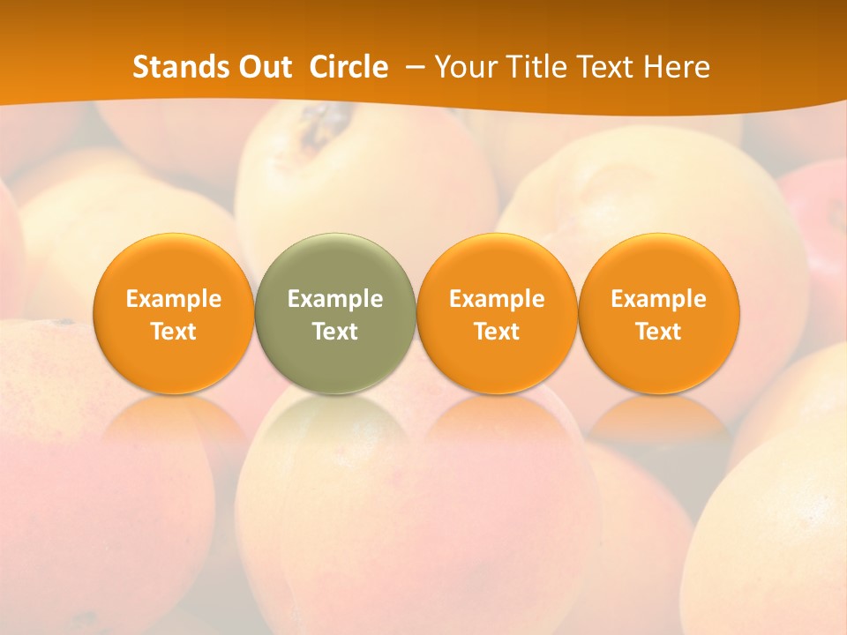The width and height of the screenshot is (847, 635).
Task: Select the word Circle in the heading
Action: [x=349, y=67]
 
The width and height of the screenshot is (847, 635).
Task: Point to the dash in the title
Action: [x=411, y=67]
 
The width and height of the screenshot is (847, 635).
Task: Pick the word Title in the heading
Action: [x=532, y=67]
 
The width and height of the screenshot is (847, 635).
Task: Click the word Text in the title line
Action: [x=602, y=67]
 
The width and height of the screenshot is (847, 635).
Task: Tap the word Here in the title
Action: [x=676, y=67]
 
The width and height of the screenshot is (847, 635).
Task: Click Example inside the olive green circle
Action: [x=335, y=299]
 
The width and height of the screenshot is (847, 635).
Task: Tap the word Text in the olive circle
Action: [x=335, y=332]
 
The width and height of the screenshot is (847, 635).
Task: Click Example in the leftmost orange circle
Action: [x=174, y=299]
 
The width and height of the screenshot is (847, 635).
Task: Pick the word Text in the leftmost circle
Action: [x=174, y=332]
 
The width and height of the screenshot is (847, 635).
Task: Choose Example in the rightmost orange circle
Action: [x=658, y=299]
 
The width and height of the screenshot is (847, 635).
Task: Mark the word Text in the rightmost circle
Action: [x=658, y=332]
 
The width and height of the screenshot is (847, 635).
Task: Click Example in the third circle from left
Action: [x=497, y=299]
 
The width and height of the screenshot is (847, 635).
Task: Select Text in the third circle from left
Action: [x=497, y=332]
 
